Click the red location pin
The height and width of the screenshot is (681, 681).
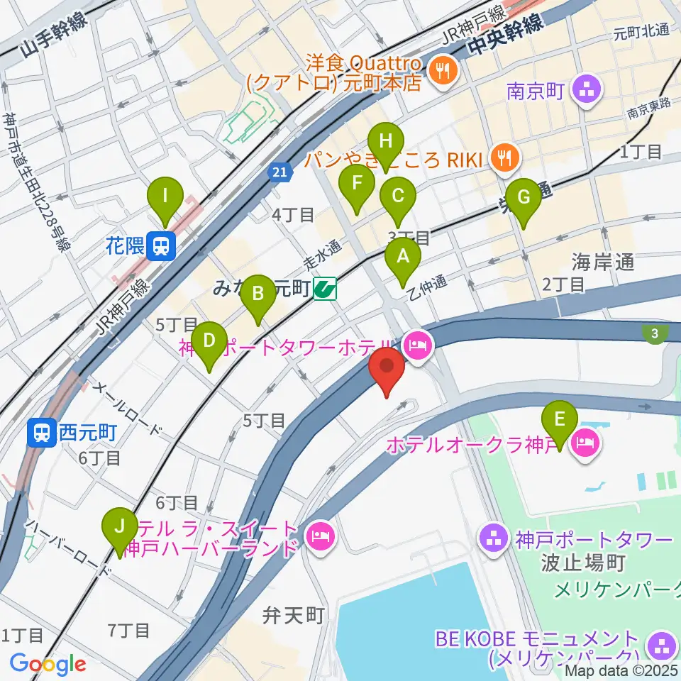pyautogui.click(x=387, y=370)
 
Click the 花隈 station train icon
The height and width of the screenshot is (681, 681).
pyautogui.click(x=163, y=245)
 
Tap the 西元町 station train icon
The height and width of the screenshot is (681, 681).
pyautogui.click(x=40, y=431)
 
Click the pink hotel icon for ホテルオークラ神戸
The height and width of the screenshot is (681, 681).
pyautogui.click(x=589, y=445)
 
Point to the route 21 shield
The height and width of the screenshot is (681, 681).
pyautogui.click(x=280, y=172)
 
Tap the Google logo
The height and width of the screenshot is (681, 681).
pyautogui.click(x=48, y=665)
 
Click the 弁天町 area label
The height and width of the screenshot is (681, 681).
pyautogui.click(x=293, y=614)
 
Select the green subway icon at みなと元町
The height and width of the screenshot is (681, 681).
pyautogui.click(x=326, y=289)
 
